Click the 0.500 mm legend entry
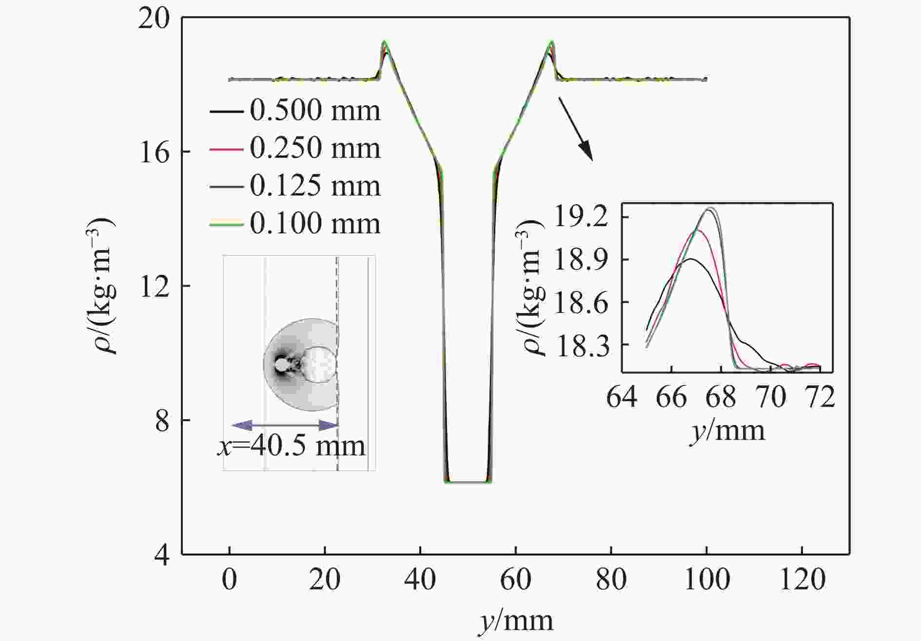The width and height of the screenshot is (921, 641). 294,111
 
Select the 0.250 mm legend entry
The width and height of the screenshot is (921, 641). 294,148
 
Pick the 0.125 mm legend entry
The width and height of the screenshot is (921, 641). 294,186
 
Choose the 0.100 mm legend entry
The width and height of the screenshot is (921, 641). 294,224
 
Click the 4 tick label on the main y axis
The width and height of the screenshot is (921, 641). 163,555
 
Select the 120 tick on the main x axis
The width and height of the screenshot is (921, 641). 802,580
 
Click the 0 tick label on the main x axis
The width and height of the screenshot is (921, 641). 230,580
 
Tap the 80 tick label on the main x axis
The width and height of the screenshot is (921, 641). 611,580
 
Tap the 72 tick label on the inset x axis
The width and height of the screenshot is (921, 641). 821,397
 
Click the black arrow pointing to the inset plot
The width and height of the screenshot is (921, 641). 575,129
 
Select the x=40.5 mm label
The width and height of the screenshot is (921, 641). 291,446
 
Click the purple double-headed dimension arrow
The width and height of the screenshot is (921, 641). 284,425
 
